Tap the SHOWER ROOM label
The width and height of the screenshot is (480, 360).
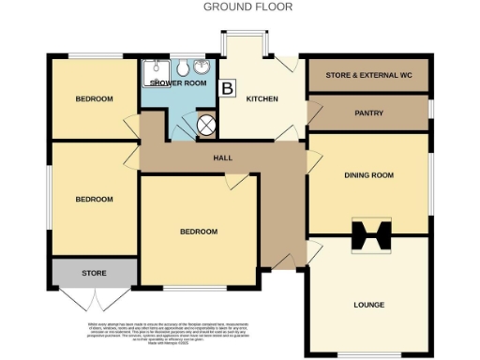click(176, 82)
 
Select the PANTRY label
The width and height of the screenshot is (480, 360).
click(367, 112)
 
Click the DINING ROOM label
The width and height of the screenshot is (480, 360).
click(367, 175)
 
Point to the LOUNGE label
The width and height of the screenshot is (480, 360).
click(367, 305)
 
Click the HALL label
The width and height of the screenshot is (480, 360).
click(222, 157)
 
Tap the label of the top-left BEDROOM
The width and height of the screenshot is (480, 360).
click(94, 99)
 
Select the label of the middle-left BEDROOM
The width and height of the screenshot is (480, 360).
click(94, 199)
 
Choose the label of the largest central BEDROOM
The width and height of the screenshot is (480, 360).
click(199, 232)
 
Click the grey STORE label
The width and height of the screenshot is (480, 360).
click(94, 274)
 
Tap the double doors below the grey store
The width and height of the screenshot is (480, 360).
click(94, 300)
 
